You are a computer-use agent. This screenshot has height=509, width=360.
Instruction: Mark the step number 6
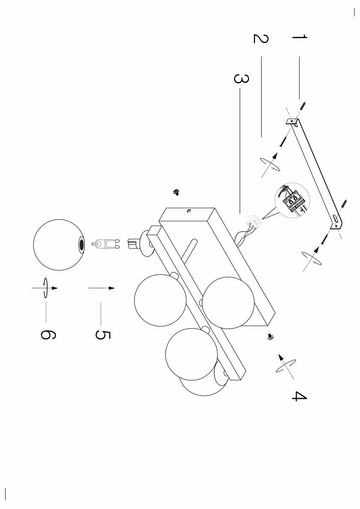click(48, 334)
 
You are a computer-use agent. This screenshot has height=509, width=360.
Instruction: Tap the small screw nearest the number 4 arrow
click(271, 336)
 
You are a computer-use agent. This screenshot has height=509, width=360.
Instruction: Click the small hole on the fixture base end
click(189, 210)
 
